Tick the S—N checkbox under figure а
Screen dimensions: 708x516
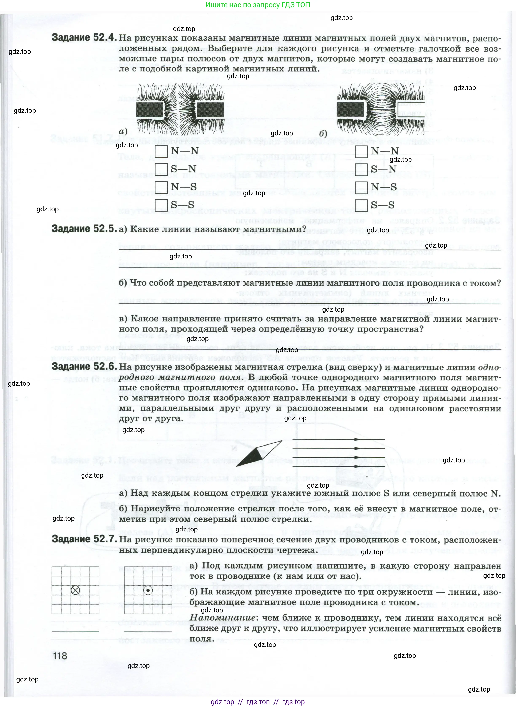pos(161,169)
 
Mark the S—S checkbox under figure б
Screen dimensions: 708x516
pos(361,205)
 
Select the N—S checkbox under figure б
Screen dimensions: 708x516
pos(361,187)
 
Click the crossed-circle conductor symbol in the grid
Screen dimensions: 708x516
pos(76,590)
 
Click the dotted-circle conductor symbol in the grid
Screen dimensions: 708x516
pos(148,590)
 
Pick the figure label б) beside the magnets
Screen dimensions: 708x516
pos(323,133)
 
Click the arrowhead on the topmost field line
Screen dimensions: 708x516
pos(357,439)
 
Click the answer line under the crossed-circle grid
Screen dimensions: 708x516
pos(75,632)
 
